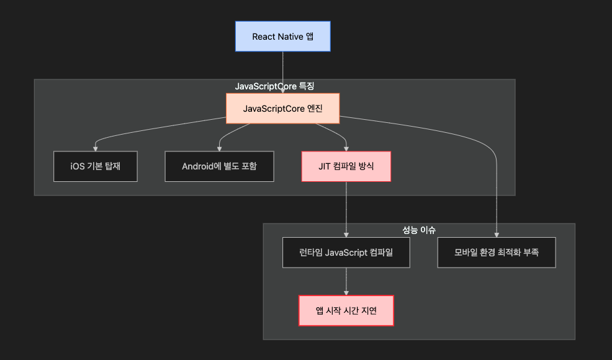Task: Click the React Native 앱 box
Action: pyautogui.click(x=282, y=37)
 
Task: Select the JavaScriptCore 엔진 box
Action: pyautogui.click(x=282, y=109)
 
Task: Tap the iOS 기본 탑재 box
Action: pyautogui.click(x=95, y=166)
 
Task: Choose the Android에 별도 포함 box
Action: pyautogui.click(x=219, y=166)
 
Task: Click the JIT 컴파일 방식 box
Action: pyautogui.click(x=346, y=166)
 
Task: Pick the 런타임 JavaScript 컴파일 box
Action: pyautogui.click(x=346, y=253)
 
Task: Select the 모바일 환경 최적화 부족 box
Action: pyautogui.click(x=497, y=253)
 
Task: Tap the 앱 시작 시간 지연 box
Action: pyautogui.click(x=346, y=310)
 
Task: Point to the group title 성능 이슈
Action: pyautogui.click(x=419, y=230)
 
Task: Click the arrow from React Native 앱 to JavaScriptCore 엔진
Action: pyautogui.click(x=282, y=71)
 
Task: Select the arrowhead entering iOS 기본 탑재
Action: pyautogui.click(x=95, y=148)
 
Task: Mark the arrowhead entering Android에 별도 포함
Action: pyautogui.click(x=219, y=148)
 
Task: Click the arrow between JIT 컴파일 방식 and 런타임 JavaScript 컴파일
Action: pyautogui.click(x=346, y=208)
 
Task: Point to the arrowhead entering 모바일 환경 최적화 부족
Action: pyautogui.click(x=497, y=235)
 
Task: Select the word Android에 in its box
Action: pyautogui.click(x=201, y=166)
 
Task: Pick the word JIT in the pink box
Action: pyautogui.click(x=325, y=166)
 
